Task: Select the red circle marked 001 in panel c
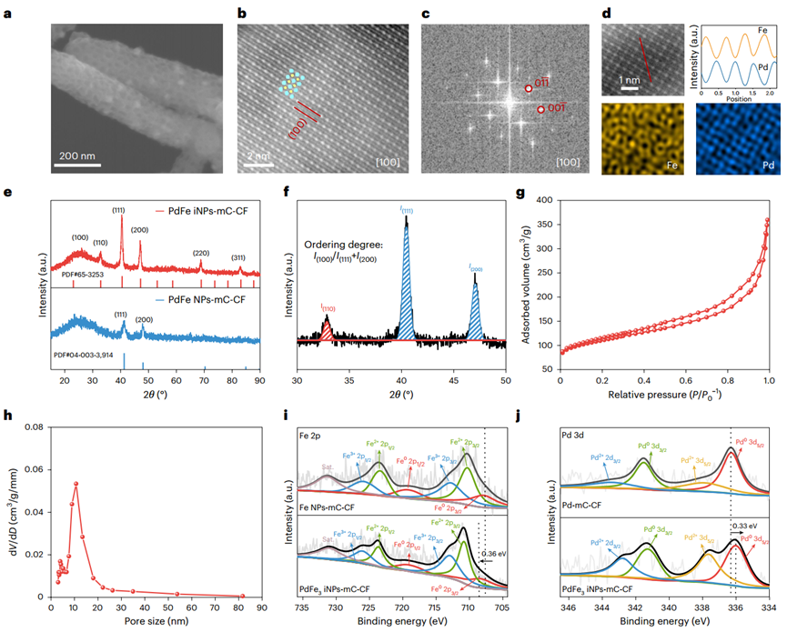(540, 110)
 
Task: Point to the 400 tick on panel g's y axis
(545, 199)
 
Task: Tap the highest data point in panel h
(76, 484)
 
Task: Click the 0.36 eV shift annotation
(491, 554)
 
